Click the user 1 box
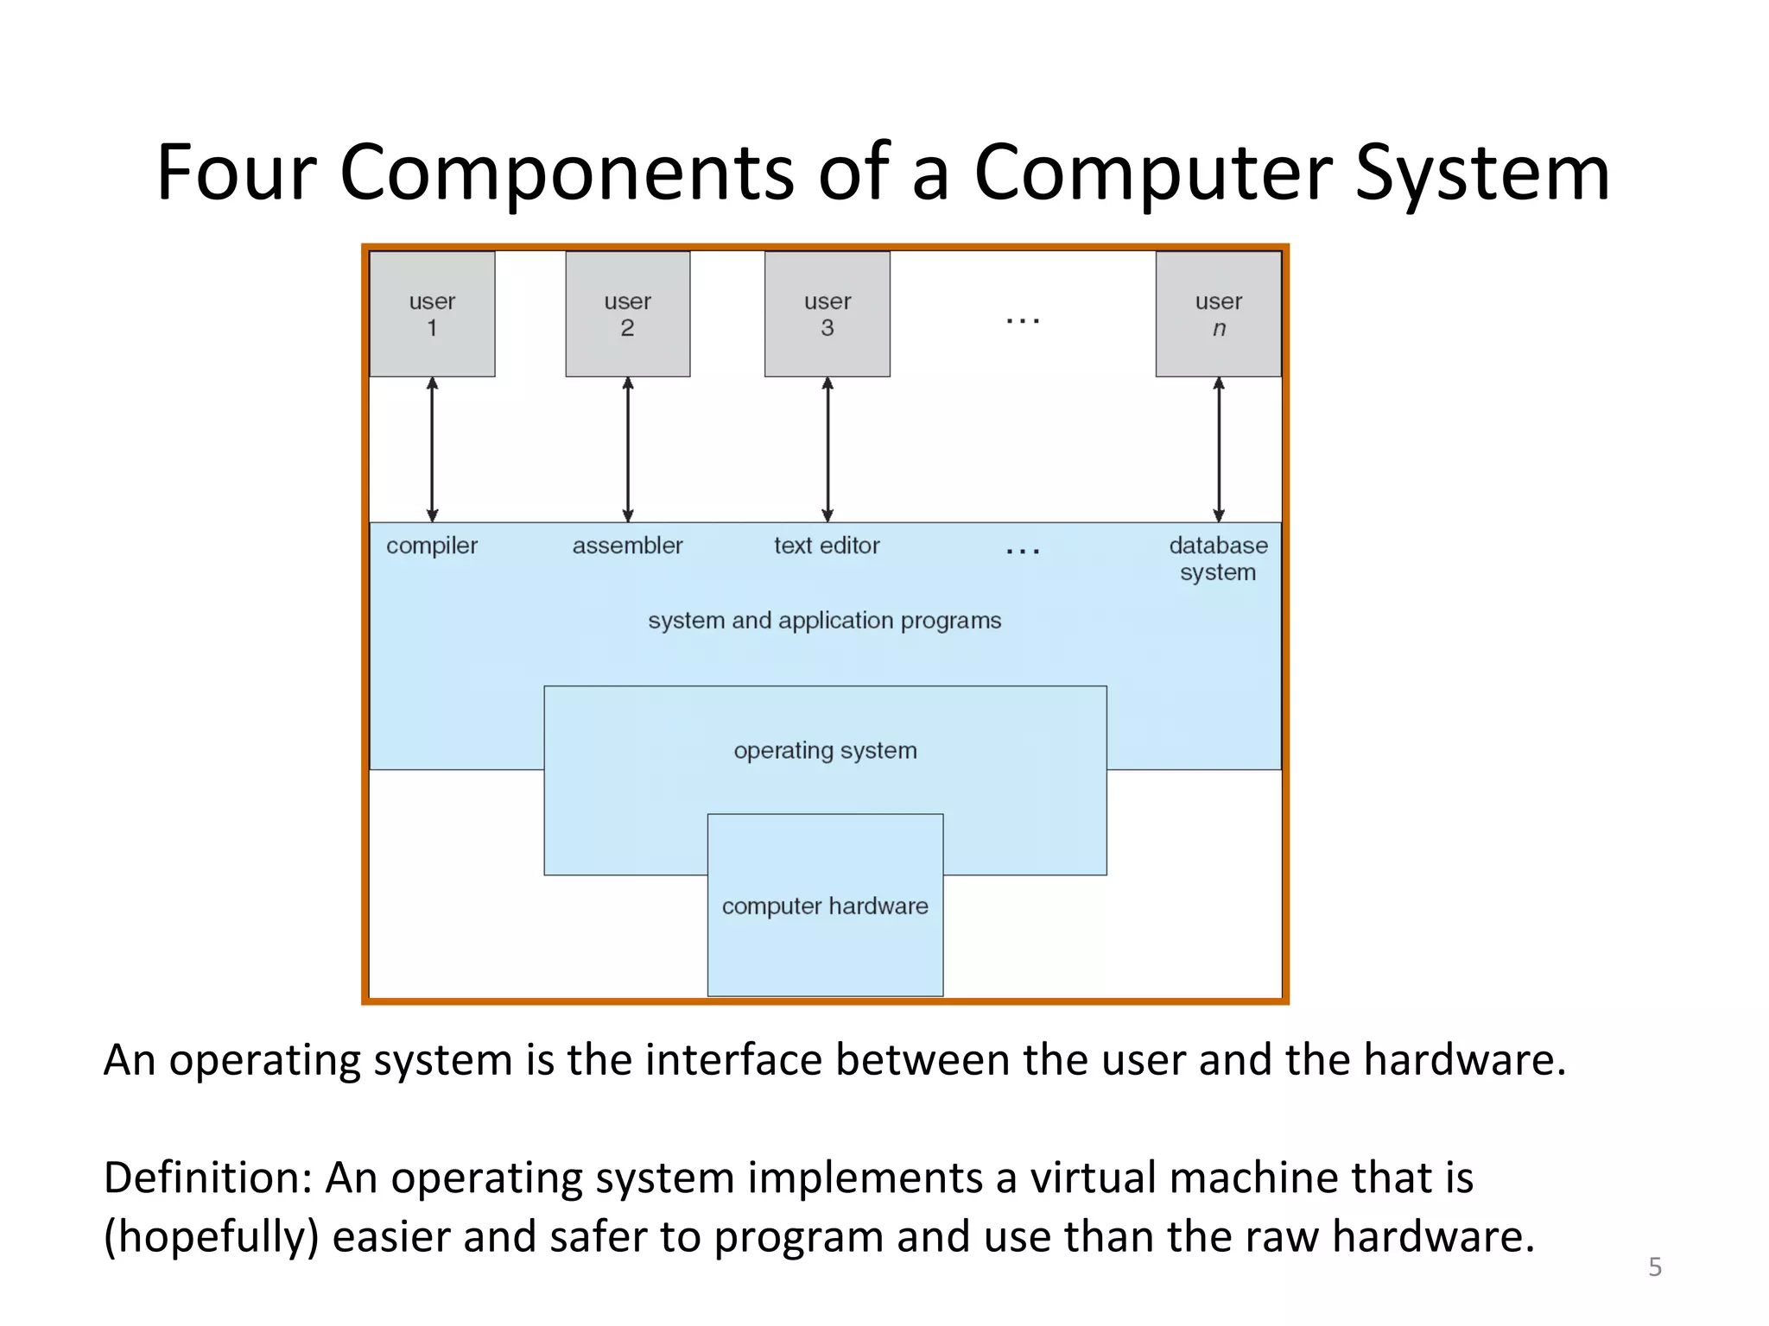click(x=432, y=314)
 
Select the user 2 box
click(x=628, y=314)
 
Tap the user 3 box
click(x=827, y=314)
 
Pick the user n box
click(x=1218, y=314)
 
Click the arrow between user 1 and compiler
click(x=433, y=449)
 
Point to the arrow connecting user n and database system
click(x=1219, y=449)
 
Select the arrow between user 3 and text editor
click(x=827, y=449)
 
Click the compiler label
click(x=432, y=546)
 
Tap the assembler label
click(x=628, y=546)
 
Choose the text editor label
click(x=827, y=546)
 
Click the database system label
click(x=1218, y=559)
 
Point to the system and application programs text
click(x=825, y=621)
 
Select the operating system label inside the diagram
click(x=825, y=751)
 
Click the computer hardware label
click(x=825, y=906)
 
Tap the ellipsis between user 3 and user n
click(x=1023, y=321)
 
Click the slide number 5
click(x=1655, y=1267)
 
